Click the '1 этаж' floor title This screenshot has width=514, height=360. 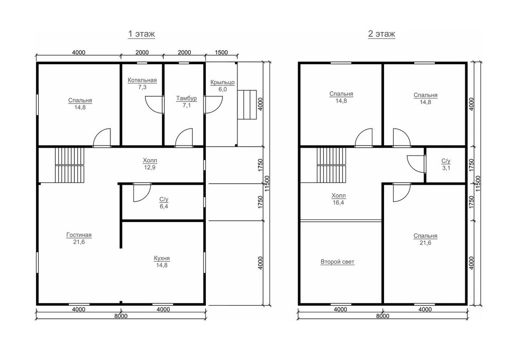pyautogui.click(x=141, y=34)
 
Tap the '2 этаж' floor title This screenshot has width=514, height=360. pyautogui.click(x=381, y=34)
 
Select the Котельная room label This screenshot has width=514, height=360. pyautogui.click(x=142, y=80)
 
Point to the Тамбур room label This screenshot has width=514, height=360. pyautogui.click(x=187, y=98)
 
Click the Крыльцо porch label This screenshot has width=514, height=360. pyautogui.click(x=222, y=82)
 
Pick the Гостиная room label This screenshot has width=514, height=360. pyautogui.click(x=79, y=235)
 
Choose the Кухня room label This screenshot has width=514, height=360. pyautogui.click(x=162, y=259)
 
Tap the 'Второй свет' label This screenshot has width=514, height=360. pyautogui.click(x=337, y=262)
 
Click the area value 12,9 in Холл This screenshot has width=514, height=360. pyautogui.click(x=150, y=168)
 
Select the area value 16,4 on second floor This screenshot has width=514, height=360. pyautogui.click(x=338, y=203)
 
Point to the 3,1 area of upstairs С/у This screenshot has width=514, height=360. pyautogui.click(x=446, y=168)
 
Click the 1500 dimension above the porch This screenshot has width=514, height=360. pyautogui.click(x=221, y=52)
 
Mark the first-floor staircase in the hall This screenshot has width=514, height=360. pyautogui.click(x=69, y=165)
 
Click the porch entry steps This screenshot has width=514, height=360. pyautogui.click(x=247, y=104)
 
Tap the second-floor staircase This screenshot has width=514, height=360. pyautogui.click(x=331, y=165)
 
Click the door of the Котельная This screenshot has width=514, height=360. pyautogui.click(x=155, y=104)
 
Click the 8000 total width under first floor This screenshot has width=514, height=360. pyautogui.click(x=121, y=316)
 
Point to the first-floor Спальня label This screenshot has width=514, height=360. pyautogui.click(x=80, y=100)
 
